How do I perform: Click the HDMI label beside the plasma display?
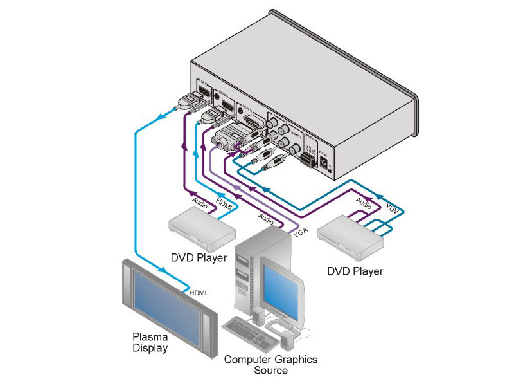pyautogui.click(x=198, y=293)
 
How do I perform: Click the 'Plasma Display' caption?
pyautogui.click(x=150, y=342)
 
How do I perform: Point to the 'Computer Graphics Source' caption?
pyautogui.click(x=270, y=365)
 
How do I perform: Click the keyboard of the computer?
pyautogui.click(x=245, y=329)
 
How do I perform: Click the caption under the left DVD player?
pyautogui.click(x=199, y=258)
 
